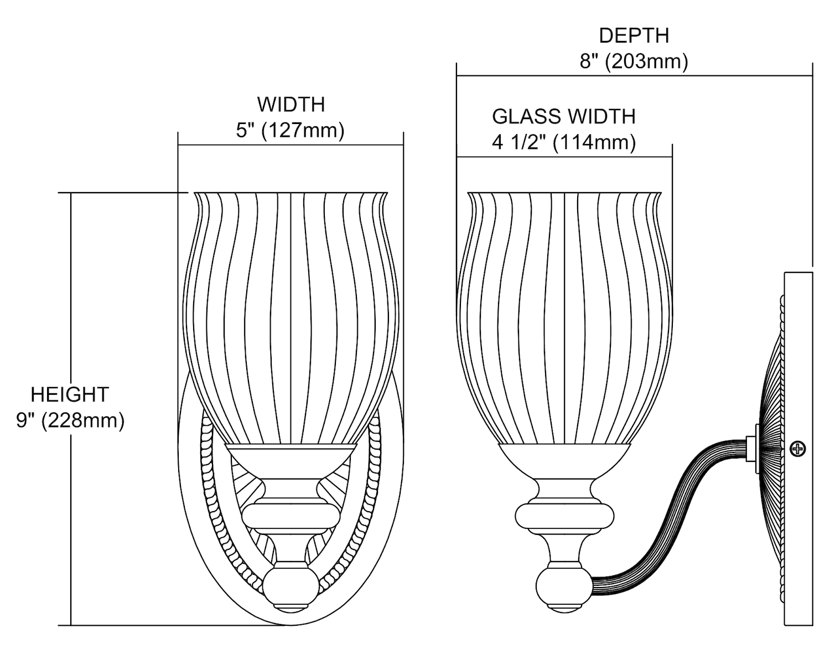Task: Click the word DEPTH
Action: pos(634,36)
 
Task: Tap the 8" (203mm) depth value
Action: pos(634,61)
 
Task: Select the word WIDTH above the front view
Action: pos(290,105)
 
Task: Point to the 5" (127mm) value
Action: pos(290,131)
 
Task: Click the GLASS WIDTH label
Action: pos(564,117)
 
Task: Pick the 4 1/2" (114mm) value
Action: pos(564,143)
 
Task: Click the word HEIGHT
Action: pos(70,395)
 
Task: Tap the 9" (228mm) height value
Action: pos(70,421)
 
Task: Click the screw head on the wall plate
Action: pos(797,449)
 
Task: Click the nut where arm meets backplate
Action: pos(752,449)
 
